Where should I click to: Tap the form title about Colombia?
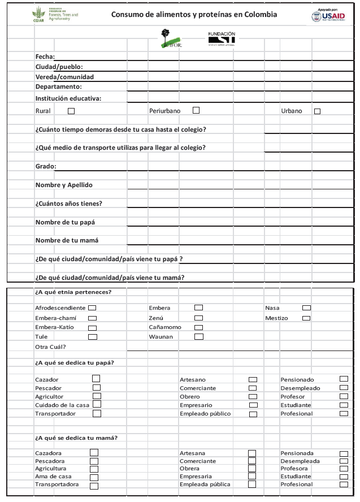[x=194, y=15]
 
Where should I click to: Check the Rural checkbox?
[x=71, y=111]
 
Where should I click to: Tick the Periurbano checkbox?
[x=196, y=110]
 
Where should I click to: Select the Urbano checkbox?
[x=317, y=111]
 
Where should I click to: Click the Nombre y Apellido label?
[x=63, y=185]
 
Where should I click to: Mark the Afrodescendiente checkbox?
[x=92, y=308]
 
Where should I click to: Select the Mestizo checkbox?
[x=306, y=318]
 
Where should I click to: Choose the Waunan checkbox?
[x=198, y=337]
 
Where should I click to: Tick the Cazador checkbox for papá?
[x=96, y=379]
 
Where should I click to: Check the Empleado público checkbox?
[x=253, y=414]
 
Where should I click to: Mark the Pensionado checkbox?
[x=344, y=379]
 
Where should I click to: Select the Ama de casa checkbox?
[x=94, y=477]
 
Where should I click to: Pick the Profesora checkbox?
[x=344, y=469]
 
